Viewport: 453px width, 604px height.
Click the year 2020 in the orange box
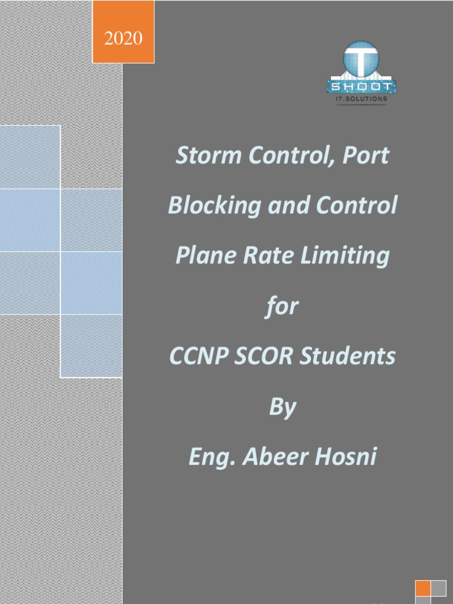[123, 39]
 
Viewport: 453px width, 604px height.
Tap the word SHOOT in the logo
[361, 87]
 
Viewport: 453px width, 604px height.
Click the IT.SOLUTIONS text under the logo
[361, 99]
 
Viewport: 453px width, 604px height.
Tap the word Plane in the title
[201, 256]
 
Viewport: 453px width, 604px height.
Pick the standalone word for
[283, 307]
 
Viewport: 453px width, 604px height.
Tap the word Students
[347, 357]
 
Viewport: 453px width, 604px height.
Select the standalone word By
[283, 408]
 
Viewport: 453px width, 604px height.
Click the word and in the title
[283, 206]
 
